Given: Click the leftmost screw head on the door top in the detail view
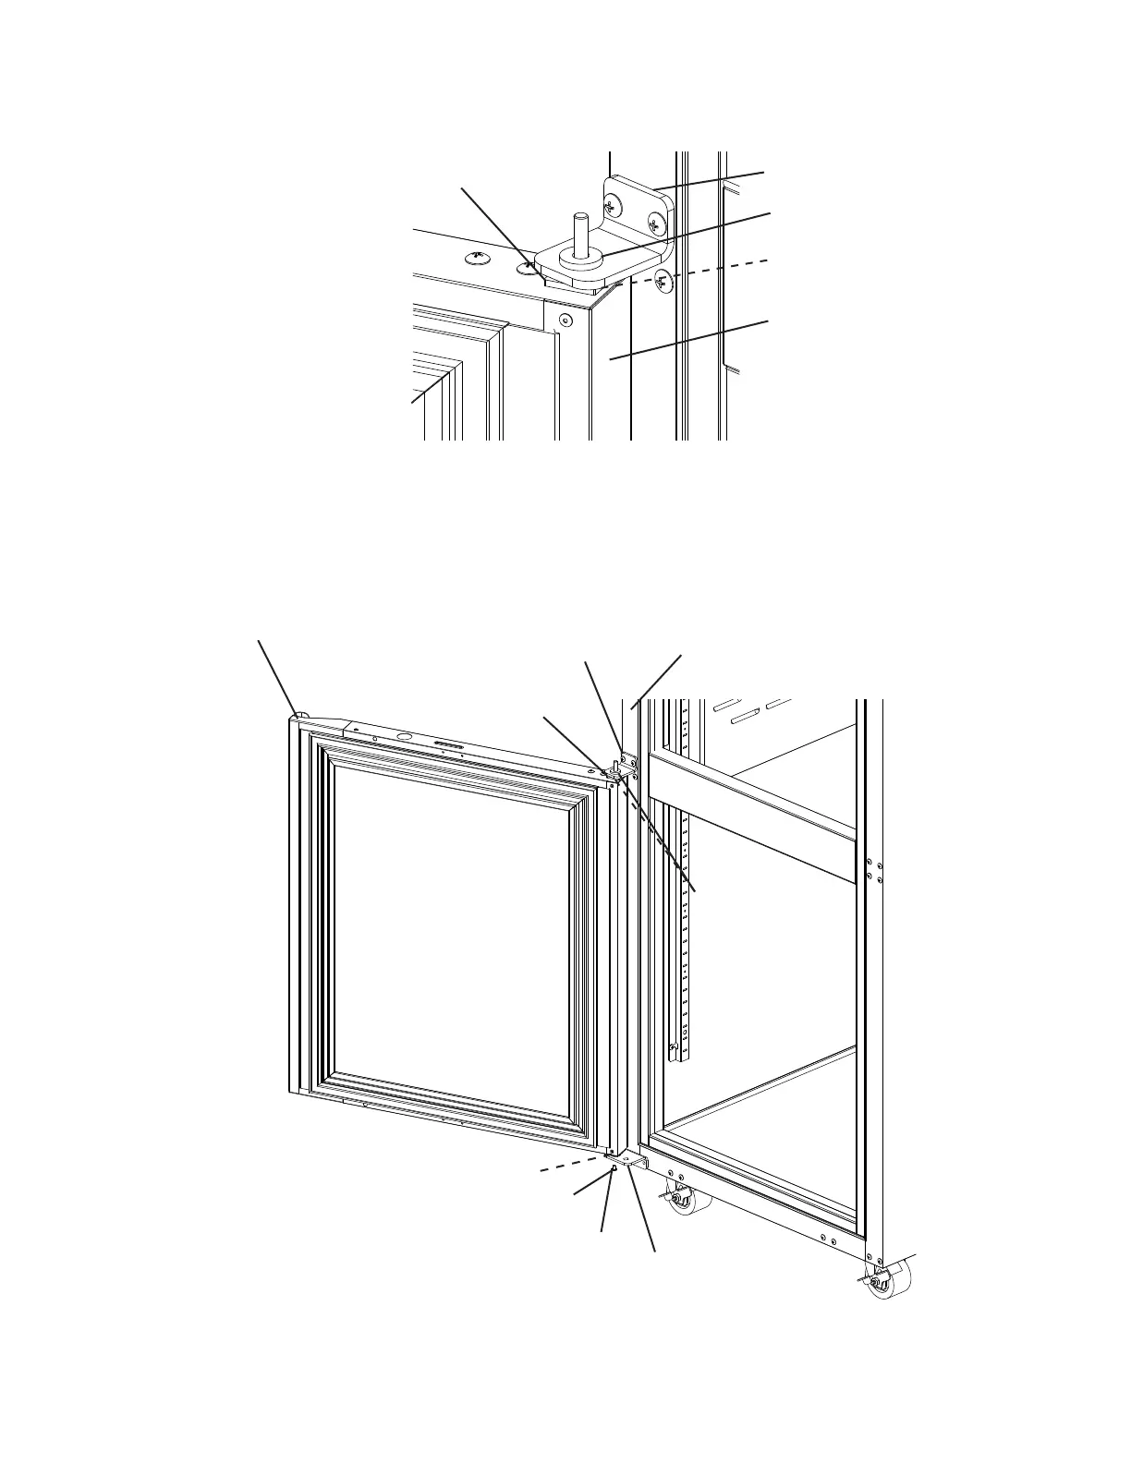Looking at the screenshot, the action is click(x=478, y=258).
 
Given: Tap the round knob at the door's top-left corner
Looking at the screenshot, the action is click(x=300, y=713).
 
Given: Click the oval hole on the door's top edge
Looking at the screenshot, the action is click(x=404, y=735).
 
